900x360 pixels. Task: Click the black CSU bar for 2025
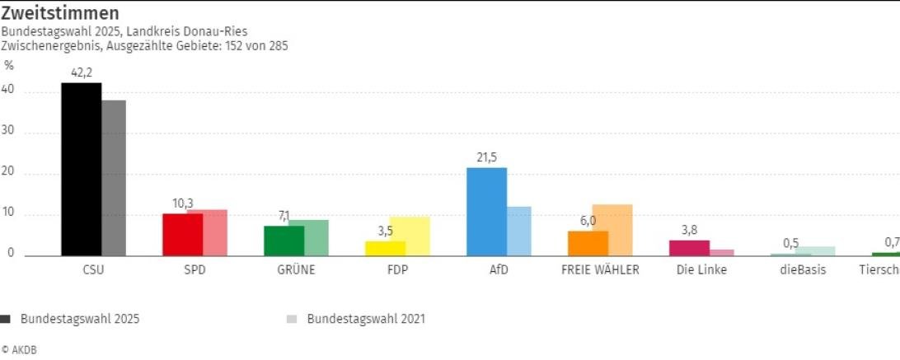[x=82, y=169]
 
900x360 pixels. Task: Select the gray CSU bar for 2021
[x=114, y=178]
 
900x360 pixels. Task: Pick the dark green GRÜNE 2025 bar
[x=284, y=241]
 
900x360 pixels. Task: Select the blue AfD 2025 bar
[x=486, y=212]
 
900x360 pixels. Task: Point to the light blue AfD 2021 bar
[x=519, y=231]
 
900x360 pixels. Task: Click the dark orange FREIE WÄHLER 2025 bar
[x=588, y=243]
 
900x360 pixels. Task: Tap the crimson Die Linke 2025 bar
[x=689, y=248]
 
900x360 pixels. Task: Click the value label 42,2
[x=82, y=72]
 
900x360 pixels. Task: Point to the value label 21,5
[x=486, y=157]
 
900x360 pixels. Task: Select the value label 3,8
[x=689, y=230]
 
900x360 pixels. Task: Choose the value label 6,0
[x=588, y=221]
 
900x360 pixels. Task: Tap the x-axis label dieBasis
[x=802, y=270]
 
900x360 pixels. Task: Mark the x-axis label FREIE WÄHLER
[x=600, y=270]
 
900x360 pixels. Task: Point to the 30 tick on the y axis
[x=10, y=133]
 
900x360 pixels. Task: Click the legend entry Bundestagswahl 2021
[x=366, y=319]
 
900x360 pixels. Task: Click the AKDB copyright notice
[x=19, y=350]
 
